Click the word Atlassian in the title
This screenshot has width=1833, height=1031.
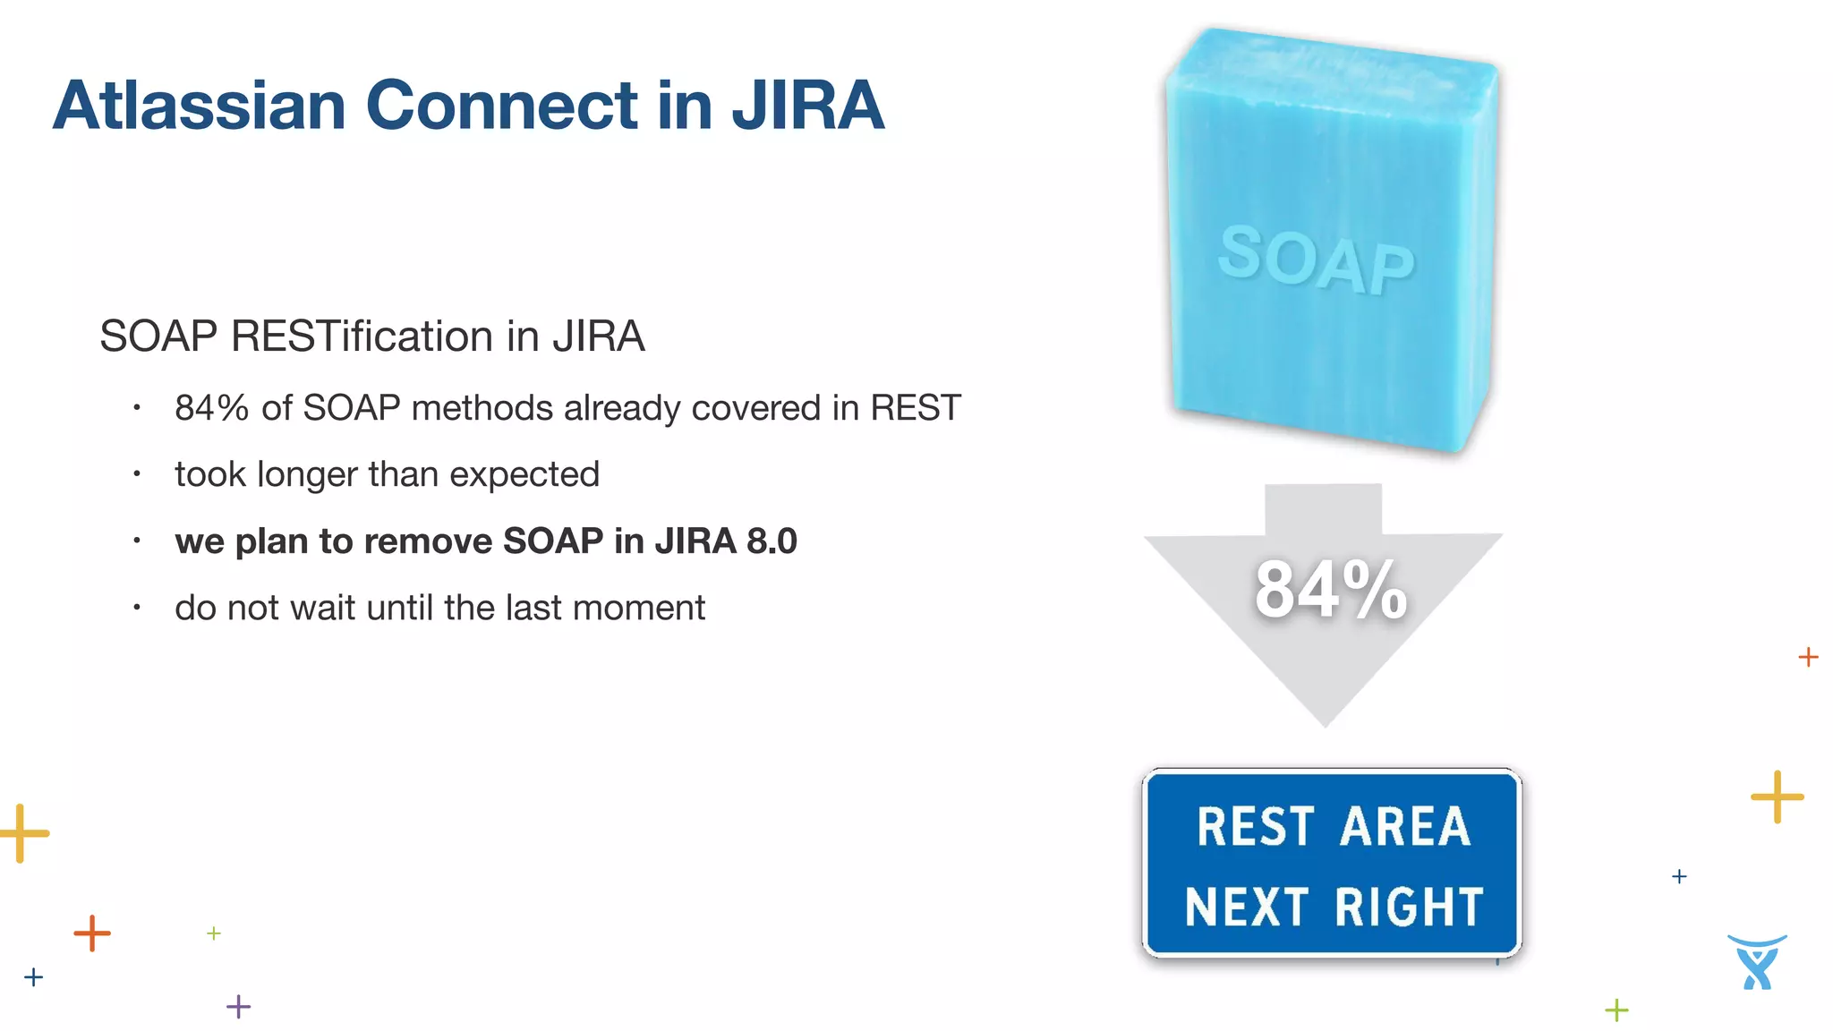tap(199, 106)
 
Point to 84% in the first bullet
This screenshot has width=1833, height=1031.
tap(211, 408)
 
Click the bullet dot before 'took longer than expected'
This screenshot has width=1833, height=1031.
tap(137, 473)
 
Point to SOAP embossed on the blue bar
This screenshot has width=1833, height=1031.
tap(1316, 260)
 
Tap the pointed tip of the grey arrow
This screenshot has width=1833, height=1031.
tap(1326, 723)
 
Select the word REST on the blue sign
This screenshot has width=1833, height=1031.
tap(1255, 826)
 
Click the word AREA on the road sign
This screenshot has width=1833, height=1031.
tap(1405, 826)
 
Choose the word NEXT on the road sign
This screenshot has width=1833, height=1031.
tap(1247, 907)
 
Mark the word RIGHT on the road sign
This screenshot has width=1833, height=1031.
tap(1410, 907)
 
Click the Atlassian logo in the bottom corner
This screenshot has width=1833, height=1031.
tap(1757, 962)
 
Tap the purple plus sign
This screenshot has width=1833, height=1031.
tap(238, 1007)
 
